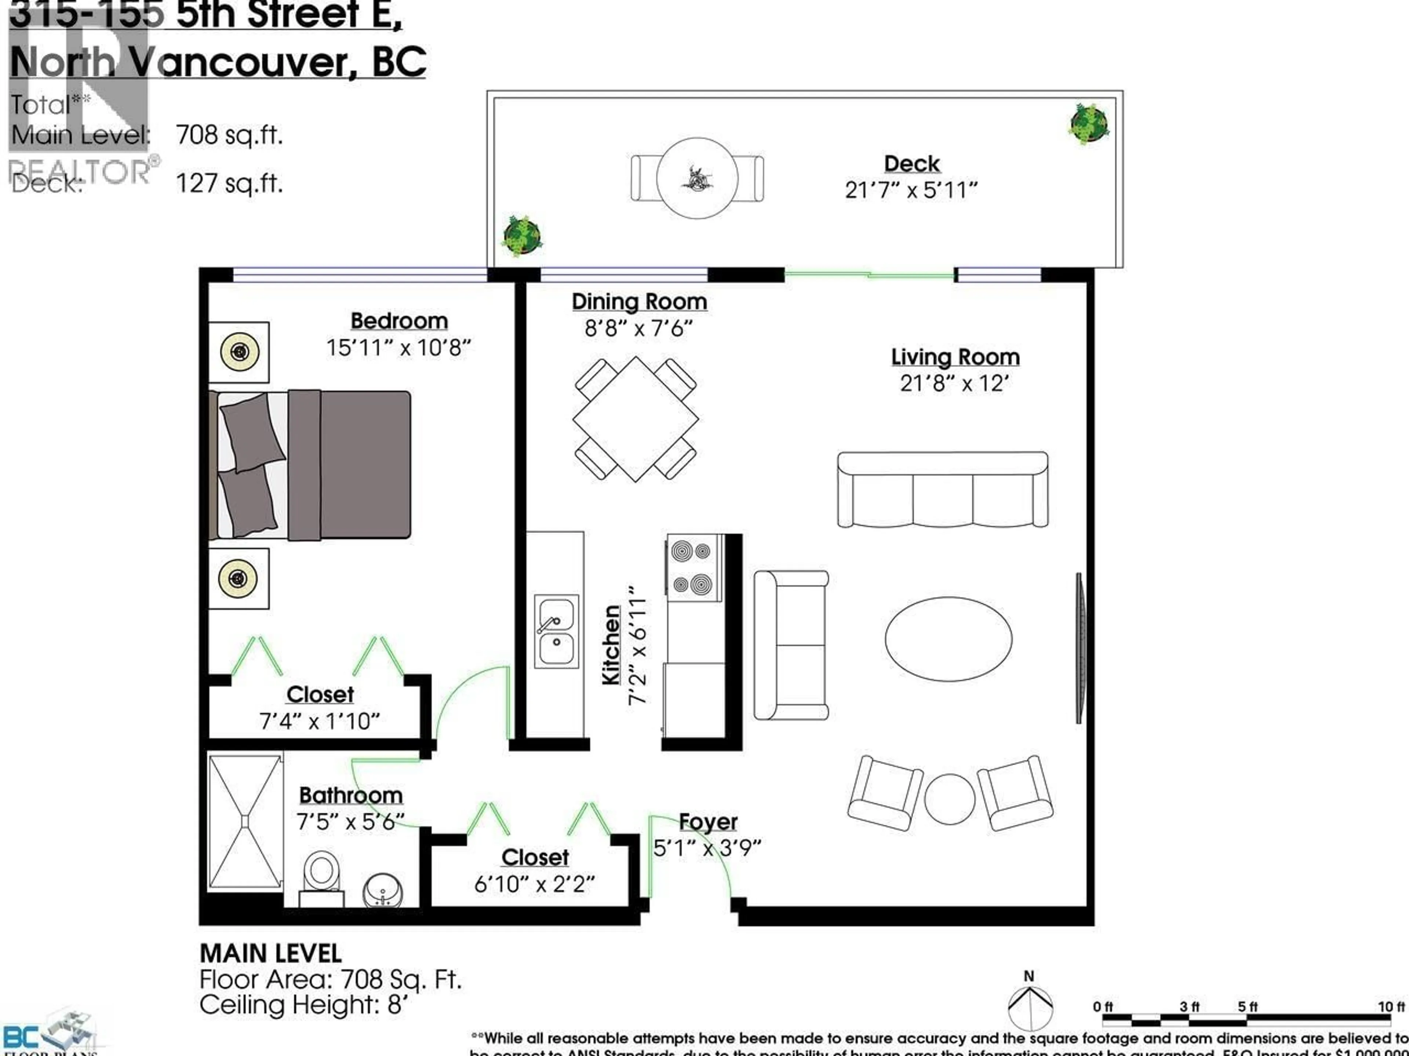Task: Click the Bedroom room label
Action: coord(399,321)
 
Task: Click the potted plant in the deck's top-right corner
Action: coord(1089,124)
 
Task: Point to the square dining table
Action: coord(635,419)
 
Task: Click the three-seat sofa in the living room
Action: coord(942,490)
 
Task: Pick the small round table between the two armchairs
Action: coord(949,799)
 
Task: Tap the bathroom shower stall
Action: coord(245,822)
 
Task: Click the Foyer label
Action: coord(708,822)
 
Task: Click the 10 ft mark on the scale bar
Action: coord(1391,1007)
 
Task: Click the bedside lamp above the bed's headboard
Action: coord(240,351)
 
